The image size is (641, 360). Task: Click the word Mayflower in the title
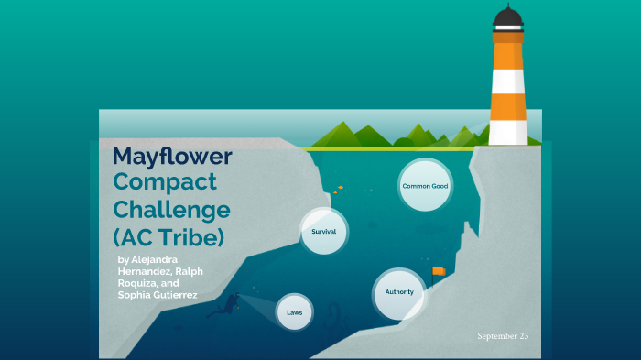(x=172, y=156)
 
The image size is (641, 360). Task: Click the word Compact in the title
(x=165, y=181)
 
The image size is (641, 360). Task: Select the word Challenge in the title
(x=171, y=209)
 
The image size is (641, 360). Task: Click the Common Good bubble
(x=425, y=186)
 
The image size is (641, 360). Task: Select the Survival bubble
(x=324, y=232)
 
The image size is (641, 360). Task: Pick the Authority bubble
(x=399, y=292)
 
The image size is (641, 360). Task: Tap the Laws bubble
(x=294, y=312)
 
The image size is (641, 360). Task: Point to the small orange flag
(x=438, y=271)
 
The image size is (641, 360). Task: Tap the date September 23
(x=503, y=336)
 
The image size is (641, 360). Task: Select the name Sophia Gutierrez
(x=158, y=295)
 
